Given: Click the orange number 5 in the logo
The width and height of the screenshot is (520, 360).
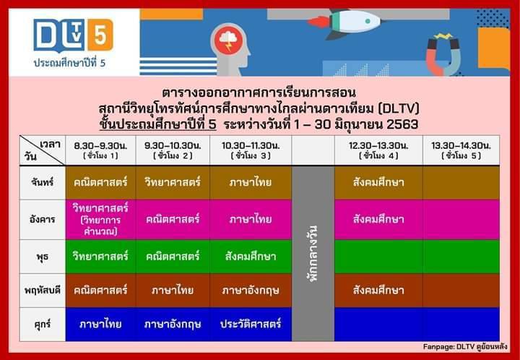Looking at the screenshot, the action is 100,35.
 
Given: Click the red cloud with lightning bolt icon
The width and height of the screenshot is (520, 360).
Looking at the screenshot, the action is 228,40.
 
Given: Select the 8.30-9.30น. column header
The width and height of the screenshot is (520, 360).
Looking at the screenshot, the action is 100,150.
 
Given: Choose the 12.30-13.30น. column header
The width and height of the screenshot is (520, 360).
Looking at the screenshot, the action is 378,150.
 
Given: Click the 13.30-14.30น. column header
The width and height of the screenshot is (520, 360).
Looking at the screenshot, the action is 461,150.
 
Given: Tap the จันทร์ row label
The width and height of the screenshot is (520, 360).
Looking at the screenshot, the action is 43,182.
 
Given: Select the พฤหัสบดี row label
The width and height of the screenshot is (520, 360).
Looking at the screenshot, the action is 43,291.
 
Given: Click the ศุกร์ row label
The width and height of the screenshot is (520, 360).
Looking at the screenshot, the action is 43,324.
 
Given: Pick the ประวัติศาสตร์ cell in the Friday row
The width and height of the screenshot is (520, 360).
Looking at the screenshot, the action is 251,324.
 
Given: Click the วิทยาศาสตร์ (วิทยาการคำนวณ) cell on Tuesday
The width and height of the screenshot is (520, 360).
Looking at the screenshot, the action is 100,219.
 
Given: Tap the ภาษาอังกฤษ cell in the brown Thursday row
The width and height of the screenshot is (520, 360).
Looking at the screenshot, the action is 251,291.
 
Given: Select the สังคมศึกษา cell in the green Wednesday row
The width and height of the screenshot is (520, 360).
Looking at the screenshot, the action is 251,257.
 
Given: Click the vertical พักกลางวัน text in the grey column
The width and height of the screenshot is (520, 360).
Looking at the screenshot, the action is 313,254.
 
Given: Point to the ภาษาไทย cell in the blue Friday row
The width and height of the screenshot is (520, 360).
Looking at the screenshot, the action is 100,324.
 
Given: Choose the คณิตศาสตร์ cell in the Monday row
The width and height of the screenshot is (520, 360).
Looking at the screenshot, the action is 100,182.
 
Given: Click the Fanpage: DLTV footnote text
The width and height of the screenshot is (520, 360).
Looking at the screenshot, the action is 465,347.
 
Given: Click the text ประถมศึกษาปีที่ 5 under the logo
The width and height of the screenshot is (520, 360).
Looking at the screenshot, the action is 69,63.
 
